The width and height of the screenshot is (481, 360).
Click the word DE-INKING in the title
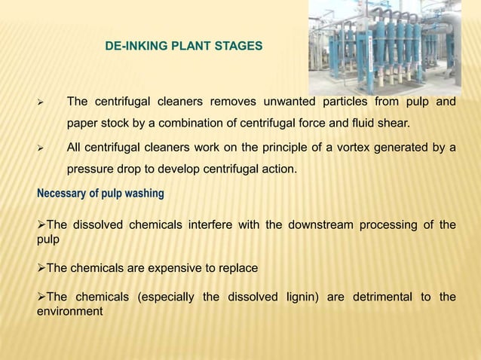click(x=131, y=47)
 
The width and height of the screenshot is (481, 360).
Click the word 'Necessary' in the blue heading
click(x=61, y=194)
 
